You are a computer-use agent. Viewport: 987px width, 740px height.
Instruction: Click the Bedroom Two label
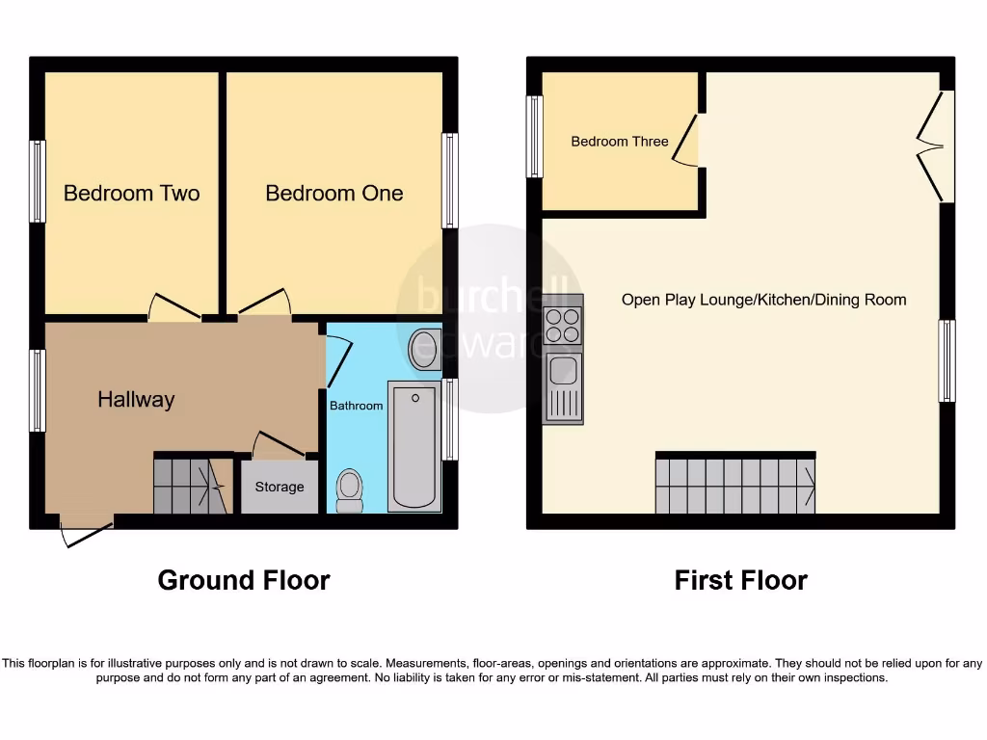(x=131, y=193)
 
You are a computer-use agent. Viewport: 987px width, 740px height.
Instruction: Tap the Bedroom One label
(x=334, y=193)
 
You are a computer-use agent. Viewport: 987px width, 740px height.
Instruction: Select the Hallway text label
(x=136, y=399)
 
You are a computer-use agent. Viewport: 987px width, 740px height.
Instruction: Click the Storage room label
(x=280, y=487)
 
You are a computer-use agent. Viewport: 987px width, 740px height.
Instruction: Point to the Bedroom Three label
(x=619, y=142)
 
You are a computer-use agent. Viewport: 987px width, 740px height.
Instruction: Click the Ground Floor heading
(x=244, y=580)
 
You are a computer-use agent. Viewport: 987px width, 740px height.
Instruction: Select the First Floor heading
(x=740, y=580)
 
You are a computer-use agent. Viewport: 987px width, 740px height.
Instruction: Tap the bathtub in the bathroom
(x=414, y=446)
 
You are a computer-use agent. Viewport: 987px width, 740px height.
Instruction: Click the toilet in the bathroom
(x=349, y=490)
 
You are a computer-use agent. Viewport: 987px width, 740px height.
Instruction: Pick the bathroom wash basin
(x=425, y=349)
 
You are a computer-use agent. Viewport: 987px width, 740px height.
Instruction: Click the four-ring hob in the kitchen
(x=563, y=325)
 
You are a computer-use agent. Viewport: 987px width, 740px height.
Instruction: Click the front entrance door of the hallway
(x=87, y=532)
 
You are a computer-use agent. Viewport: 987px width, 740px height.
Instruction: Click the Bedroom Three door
(x=686, y=141)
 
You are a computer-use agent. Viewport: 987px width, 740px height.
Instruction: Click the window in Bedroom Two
(x=38, y=181)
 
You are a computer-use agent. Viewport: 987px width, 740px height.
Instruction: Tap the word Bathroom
(x=357, y=406)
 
